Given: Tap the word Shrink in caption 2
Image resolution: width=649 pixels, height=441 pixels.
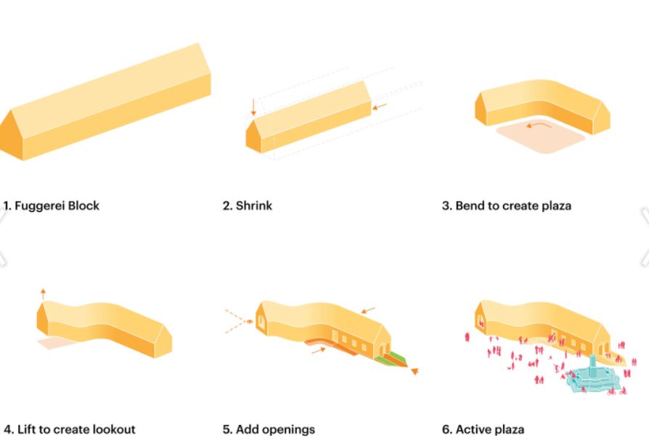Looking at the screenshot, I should pyautogui.click(x=254, y=205).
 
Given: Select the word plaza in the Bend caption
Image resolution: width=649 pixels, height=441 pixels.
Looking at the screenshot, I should pyautogui.click(x=554, y=205).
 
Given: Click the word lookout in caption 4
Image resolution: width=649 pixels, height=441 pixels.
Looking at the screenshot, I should pyautogui.click(x=112, y=429).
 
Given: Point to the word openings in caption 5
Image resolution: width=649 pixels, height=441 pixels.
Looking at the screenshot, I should pyautogui.click(x=291, y=429).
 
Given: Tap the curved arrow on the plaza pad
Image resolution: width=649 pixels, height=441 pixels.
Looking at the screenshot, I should pyautogui.click(x=538, y=126).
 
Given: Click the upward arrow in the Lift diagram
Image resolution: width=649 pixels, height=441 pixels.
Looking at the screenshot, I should pyautogui.click(x=42, y=293).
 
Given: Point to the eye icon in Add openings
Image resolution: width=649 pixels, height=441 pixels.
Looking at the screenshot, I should pyautogui.click(x=249, y=321).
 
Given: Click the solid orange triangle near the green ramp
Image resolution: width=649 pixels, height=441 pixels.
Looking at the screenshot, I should pyautogui.click(x=415, y=371).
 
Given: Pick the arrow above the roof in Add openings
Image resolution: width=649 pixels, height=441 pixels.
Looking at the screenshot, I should pyautogui.click(x=369, y=310).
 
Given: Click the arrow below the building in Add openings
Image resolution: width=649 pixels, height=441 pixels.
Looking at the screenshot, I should pyautogui.click(x=317, y=350).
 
